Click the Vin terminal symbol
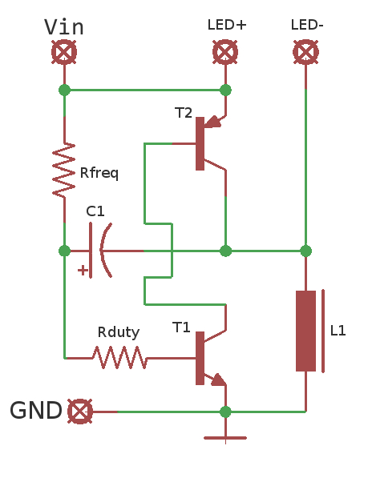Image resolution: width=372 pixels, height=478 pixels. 64,53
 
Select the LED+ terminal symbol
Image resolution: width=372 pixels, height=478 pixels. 225,53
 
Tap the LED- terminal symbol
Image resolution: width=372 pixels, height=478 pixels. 305,53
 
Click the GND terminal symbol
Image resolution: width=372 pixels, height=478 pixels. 79,412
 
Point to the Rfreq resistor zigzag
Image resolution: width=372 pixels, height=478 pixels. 64,171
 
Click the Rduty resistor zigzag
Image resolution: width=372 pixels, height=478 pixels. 119,358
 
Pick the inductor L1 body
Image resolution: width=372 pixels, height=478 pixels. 306,331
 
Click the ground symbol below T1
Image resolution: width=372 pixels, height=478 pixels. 225,437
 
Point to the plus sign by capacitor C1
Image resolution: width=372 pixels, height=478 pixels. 83,271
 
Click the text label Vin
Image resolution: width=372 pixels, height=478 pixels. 64,26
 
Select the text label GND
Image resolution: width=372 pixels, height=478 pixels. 36,412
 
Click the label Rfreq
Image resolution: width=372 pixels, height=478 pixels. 99,173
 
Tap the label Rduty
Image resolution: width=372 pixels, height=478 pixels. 119,331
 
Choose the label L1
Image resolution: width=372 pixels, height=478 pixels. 338,330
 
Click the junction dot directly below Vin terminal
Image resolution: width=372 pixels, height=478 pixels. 64,90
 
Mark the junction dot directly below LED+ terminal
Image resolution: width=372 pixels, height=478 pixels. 225,90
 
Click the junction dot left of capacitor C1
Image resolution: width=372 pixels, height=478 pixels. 64,251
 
